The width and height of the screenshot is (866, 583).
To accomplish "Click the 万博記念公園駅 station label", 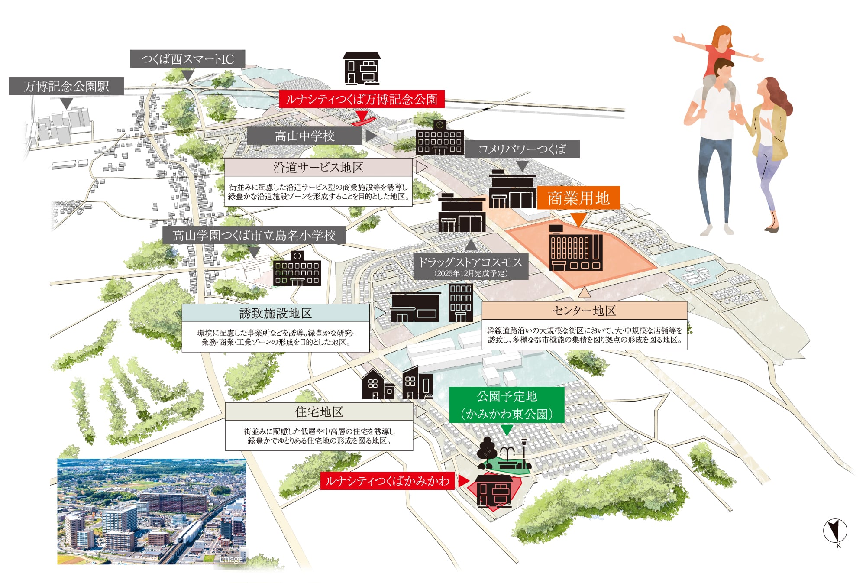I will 66,86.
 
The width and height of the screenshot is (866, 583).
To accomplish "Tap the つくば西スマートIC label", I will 187,59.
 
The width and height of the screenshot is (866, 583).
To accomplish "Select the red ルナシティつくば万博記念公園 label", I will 362,99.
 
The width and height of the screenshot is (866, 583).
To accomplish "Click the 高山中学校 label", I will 304,136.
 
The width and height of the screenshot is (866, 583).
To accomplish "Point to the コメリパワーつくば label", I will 522,149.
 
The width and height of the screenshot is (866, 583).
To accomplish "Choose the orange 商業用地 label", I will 578,198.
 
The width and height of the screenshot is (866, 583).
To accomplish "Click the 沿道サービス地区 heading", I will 318,167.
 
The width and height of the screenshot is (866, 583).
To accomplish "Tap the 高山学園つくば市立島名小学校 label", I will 254,235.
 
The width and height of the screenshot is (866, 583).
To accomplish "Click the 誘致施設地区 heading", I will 276,313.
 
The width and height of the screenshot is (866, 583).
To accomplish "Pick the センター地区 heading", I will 584,311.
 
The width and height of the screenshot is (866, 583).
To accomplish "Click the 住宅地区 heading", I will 319,411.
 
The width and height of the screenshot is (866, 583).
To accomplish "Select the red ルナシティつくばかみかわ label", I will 387,481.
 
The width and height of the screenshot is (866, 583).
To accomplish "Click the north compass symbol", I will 835,531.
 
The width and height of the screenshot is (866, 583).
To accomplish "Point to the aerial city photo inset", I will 152,512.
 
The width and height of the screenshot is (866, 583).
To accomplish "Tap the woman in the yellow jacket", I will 771,147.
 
